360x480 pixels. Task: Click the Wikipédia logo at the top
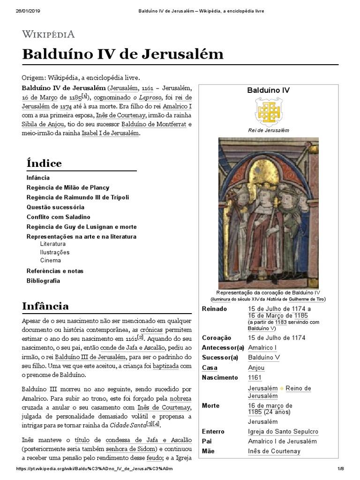click(48, 34)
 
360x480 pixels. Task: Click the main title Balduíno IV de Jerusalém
click(123, 54)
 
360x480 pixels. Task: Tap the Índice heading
click(44, 164)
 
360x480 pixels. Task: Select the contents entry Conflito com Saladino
click(59, 217)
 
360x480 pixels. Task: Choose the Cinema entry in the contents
click(50, 260)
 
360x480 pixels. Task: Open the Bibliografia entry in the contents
click(43, 281)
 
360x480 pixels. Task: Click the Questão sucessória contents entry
click(55, 207)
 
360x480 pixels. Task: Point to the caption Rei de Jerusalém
click(269, 130)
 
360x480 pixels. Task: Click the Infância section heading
click(45, 306)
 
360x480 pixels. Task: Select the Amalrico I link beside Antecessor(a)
click(262, 347)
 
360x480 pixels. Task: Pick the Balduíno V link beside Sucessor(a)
click(263, 358)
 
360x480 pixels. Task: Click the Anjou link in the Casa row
click(256, 368)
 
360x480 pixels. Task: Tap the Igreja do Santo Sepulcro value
click(283, 431)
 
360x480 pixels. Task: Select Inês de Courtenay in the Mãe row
click(274, 451)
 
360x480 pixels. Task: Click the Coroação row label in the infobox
click(217, 337)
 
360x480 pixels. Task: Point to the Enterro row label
click(213, 431)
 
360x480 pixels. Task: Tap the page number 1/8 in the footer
click(341, 469)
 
